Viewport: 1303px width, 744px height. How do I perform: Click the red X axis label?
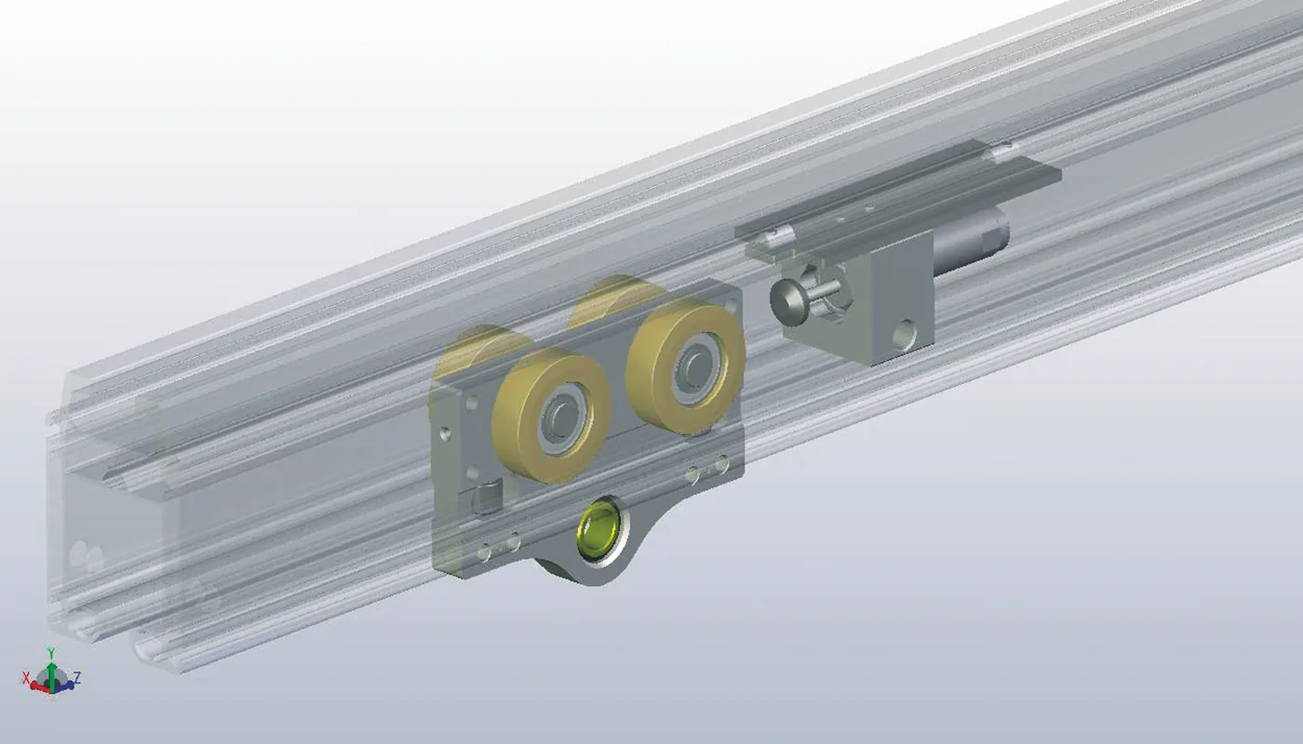(26, 678)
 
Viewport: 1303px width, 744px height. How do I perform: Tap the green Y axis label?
(50, 652)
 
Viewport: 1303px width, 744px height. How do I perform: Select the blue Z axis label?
(76, 678)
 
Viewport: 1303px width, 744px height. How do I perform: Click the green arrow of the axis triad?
(51, 674)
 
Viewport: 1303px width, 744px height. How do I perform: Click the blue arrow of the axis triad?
(64, 686)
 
